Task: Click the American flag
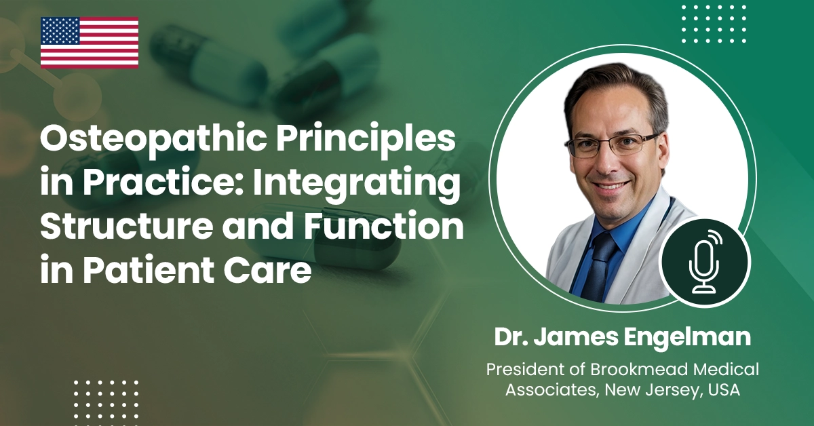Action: pos(90,43)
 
